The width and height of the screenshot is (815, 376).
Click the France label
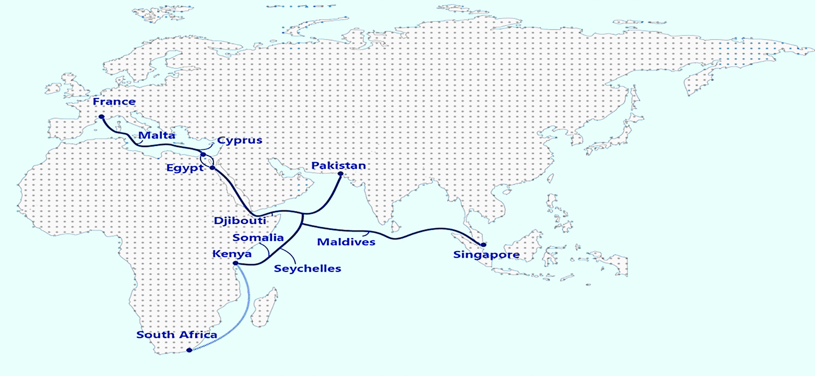[114, 102]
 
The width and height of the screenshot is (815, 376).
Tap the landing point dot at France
[102, 117]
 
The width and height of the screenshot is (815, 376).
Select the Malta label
[157, 135]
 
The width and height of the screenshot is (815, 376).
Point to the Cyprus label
[240, 140]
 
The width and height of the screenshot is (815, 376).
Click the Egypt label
[185, 168]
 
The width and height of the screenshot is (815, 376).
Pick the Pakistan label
[338, 166]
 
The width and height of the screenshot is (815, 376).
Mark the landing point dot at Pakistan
[340, 174]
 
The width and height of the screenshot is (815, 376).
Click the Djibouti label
[240, 221]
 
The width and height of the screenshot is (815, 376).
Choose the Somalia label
[258, 238]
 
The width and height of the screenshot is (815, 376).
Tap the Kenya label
[232, 254]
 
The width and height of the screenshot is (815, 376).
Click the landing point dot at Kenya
[236, 263]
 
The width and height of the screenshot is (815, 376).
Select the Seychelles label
[307, 269]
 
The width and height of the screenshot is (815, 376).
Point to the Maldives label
[346, 242]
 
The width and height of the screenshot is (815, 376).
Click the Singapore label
[486, 255]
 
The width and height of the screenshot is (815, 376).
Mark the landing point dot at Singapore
[483, 245]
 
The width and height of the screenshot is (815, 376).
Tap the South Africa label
[176, 335]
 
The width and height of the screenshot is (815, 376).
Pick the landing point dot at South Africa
[189, 350]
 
